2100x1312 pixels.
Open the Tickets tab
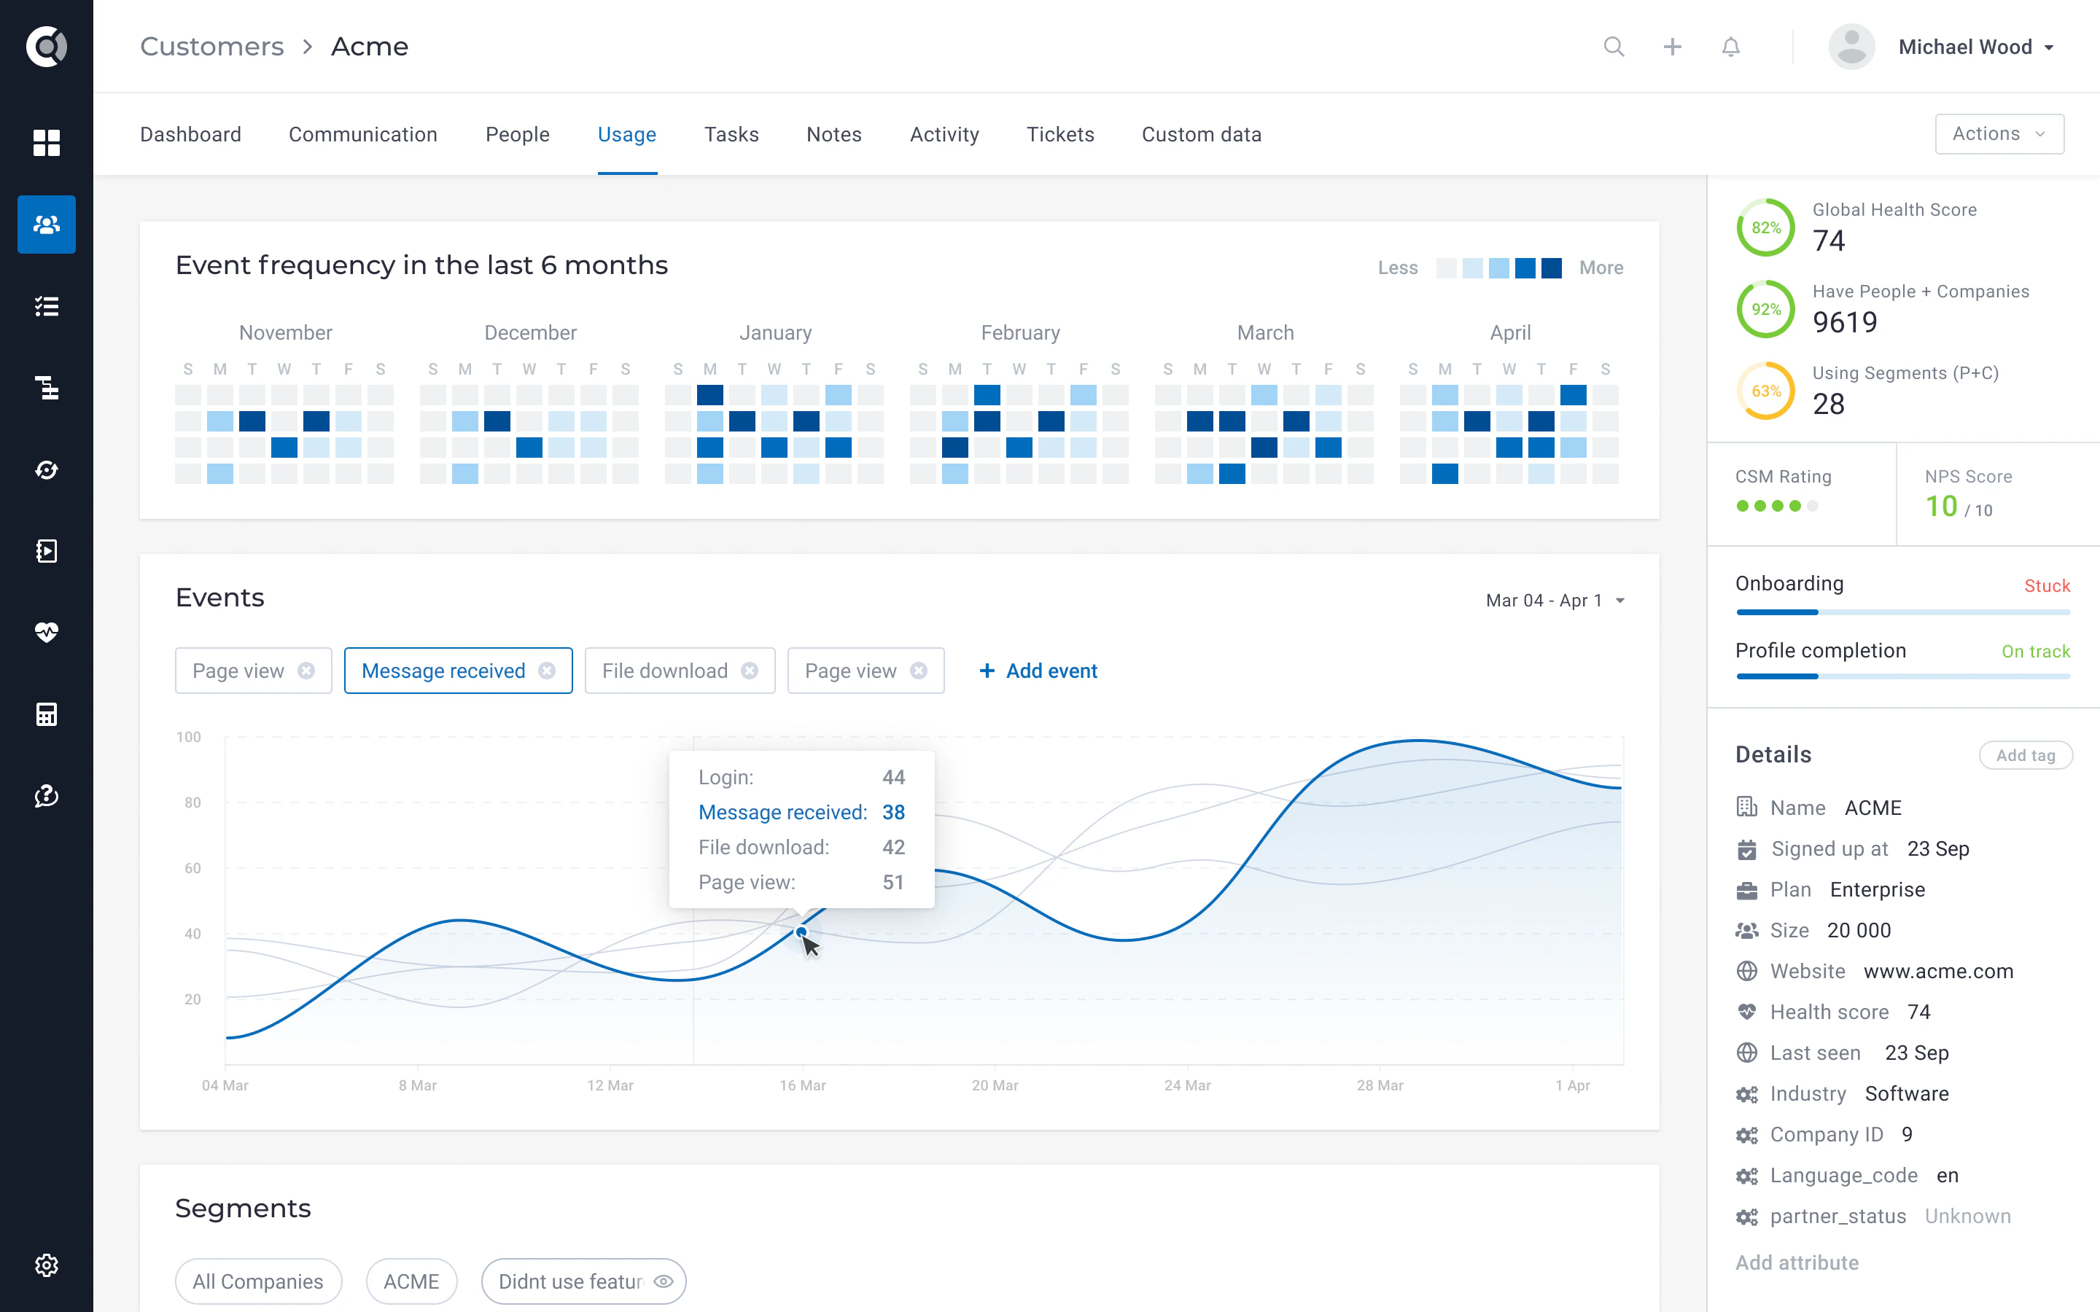[x=1059, y=135]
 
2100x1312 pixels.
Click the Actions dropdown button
[x=1999, y=133]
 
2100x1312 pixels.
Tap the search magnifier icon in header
[x=1613, y=47]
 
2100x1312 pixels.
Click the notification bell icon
[x=1730, y=47]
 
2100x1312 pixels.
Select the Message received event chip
[x=443, y=671]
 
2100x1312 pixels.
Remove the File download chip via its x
[x=750, y=671]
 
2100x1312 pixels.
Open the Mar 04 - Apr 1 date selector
[x=1554, y=601]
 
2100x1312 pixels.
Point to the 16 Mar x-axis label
[x=802, y=1085]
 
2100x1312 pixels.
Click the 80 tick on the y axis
[x=192, y=803]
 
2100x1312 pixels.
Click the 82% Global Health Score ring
[x=1765, y=227]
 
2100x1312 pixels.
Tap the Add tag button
[x=2024, y=755]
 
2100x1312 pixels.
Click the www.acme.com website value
[x=1937, y=971]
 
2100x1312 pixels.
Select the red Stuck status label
[x=2046, y=586]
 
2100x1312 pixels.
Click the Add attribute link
[x=1796, y=1262]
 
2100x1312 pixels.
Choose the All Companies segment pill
[x=257, y=1281]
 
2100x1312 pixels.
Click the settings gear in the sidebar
[x=47, y=1265]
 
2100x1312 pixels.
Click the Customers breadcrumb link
[x=211, y=47]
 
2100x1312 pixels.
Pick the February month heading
[x=1019, y=332]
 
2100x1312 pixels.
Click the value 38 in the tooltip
[x=893, y=812]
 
